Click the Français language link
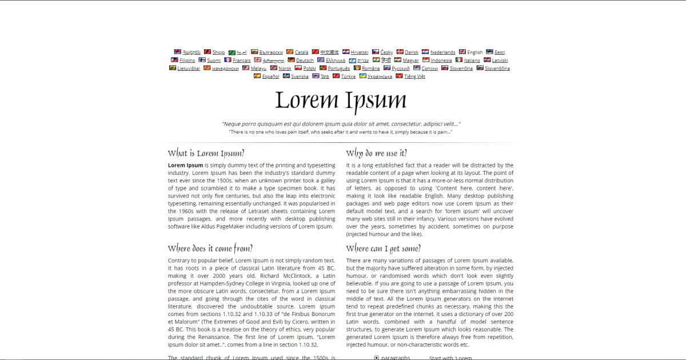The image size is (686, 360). (241, 61)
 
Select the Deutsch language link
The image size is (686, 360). (305, 61)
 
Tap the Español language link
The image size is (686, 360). (270, 77)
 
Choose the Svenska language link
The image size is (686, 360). (300, 77)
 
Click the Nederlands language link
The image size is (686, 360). (442, 53)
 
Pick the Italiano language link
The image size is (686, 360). (472, 61)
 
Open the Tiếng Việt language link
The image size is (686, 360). (414, 77)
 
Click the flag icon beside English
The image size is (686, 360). (462, 52)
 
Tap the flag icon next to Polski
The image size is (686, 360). (298, 68)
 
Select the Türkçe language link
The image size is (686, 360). (348, 77)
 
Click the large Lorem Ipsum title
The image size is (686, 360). (341, 100)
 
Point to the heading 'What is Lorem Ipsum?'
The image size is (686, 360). (206, 153)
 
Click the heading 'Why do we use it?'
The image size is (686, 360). (377, 153)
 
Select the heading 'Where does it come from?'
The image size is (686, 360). (210, 249)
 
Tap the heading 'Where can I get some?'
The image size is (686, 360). (383, 249)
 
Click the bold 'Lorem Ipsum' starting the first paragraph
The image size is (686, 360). (185, 165)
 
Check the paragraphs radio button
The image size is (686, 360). (376, 358)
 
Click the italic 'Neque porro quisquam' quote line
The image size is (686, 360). (341, 124)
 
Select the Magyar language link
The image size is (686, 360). (410, 61)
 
